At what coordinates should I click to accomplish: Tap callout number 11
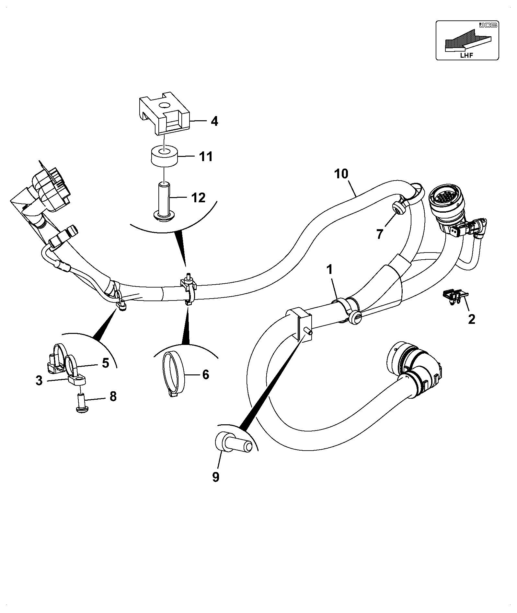[206, 157]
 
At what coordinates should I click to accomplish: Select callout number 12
[199, 197]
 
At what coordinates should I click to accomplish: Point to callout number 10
[341, 174]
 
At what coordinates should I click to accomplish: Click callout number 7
[380, 233]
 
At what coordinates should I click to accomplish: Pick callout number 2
[472, 319]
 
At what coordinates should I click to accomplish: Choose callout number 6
[205, 375]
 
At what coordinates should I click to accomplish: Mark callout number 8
[113, 396]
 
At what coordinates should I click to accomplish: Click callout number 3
[39, 381]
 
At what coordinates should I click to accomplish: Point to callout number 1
[329, 269]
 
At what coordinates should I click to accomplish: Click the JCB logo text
[488, 25]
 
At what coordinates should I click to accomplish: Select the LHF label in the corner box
[466, 55]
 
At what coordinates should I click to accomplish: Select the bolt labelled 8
[81, 404]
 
